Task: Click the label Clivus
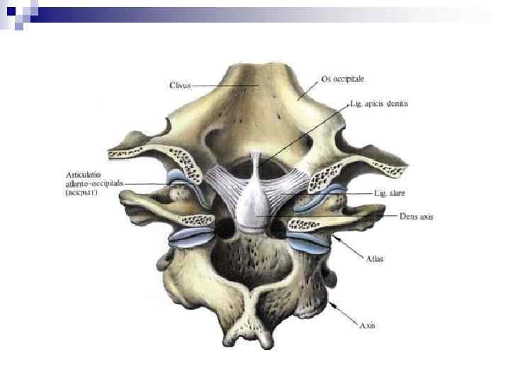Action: pyautogui.click(x=181, y=86)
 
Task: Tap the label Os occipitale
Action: pyautogui.click(x=344, y=79)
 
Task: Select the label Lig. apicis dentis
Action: pyautogui.click(x=379, y=103)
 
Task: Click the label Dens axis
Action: pyautogui.click(x=416, y=217)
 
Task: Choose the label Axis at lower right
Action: pyautogui.click(x=367, y=325)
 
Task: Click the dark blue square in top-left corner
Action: pyautogui.click(x=10, y=11)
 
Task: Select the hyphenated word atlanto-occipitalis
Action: pyautogui.click(x=95, y=183)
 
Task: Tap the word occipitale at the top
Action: pyautogui.click(x=349, y=79)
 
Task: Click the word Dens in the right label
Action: pyautogui.click(x=408, y=217)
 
